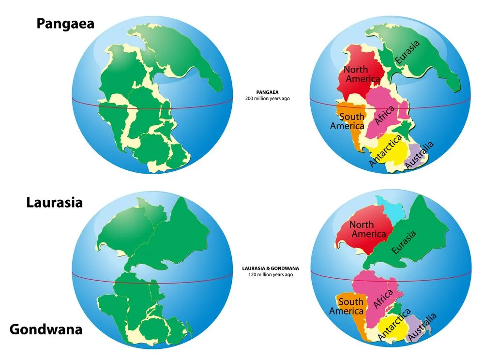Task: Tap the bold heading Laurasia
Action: (x=54, y=202)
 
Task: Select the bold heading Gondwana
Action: (x=46, y=330)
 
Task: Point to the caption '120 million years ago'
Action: (x=272, y=274)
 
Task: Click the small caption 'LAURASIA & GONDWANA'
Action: (x=272, y=268)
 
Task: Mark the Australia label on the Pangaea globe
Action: (x=419, y=155)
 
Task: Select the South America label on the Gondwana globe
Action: (x=347, y=306)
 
